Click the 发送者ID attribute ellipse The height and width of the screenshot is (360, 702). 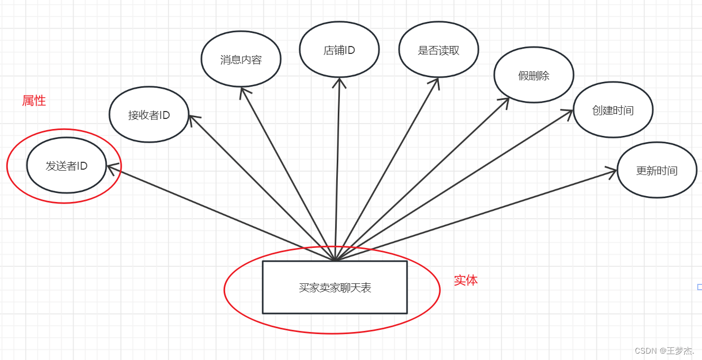click(x=66, y=165)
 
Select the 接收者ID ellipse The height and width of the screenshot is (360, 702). click(x=149, y=115)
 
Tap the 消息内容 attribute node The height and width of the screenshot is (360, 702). click(x=241, y=59)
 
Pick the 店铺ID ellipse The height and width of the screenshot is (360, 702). click(x=339, y=50)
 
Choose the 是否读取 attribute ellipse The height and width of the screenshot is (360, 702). click(x=438, y=50)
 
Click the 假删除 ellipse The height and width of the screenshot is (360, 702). click(x=533, y=76)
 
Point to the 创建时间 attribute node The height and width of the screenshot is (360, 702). click(x=613, y=110)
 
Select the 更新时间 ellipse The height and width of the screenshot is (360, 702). click(x=657, y=170)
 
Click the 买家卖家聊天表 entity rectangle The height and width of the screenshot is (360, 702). click(x=335, y=287)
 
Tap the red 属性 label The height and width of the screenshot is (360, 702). click(x=34, y=100)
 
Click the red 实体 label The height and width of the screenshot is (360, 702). click(x=466, y=280)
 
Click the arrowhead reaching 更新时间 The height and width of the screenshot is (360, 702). click(x=613, y=171)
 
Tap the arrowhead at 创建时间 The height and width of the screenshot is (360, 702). click(x=570, y=112)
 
